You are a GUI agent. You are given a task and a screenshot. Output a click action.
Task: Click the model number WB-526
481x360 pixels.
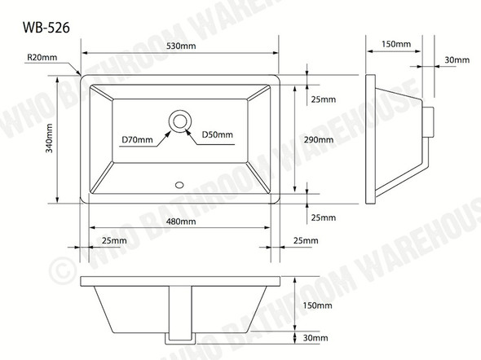46,27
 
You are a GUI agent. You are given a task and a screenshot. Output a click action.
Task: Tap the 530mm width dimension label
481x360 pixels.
181,46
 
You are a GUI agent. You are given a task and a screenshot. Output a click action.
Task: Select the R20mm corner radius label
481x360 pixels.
42,57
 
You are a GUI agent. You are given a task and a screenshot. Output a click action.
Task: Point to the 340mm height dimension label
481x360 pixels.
49,138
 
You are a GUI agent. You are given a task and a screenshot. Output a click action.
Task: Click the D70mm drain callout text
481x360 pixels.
137,140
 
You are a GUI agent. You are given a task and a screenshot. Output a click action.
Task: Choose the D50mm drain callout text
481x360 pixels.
217,134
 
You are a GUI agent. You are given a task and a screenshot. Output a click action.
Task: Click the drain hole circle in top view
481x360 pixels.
180,121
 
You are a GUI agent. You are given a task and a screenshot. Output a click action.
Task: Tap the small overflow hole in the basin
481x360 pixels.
179,185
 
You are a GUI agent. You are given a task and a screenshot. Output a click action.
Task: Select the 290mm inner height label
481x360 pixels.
319,140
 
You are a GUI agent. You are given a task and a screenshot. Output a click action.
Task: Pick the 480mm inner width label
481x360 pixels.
181,222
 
